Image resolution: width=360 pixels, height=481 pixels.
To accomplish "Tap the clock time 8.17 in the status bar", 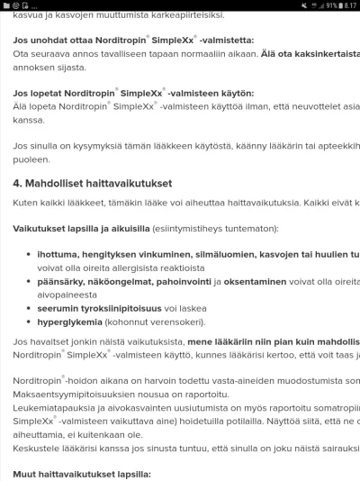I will pyautogui.click(x=347, y=4).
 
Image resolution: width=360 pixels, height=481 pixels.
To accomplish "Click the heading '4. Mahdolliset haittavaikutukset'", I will pyautogui.click(x=100, y=182).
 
